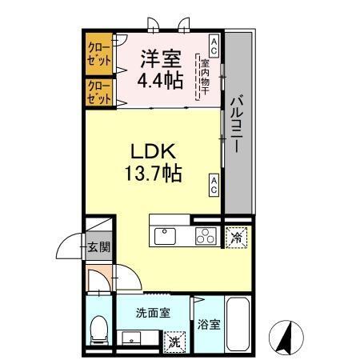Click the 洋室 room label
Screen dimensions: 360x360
click(x=160, y=58)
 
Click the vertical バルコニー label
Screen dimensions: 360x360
click(x=237, y=125)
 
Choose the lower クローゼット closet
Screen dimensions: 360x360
click(x=99, y=91)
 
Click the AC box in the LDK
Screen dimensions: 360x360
click(x=214, y=185)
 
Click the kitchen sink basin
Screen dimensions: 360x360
click(x=164, y=235)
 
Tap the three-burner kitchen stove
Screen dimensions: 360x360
click(x=206, y=235)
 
